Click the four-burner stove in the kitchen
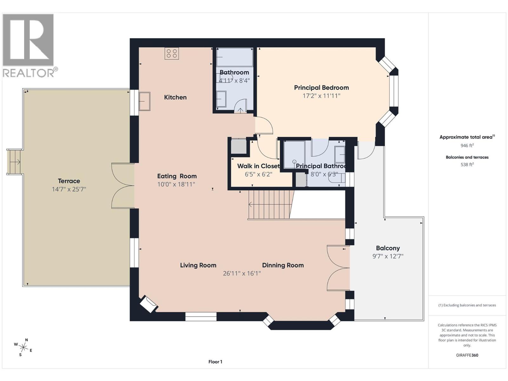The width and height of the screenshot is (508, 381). (172, 53)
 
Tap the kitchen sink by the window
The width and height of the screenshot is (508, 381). (145, 101)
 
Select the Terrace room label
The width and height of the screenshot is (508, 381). (69, 181)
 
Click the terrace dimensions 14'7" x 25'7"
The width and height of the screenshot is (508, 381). (69, 190)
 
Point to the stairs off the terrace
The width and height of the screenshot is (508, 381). (14, 162)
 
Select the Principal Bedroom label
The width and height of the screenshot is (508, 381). (321, 88)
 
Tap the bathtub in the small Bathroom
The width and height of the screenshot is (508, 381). (235, 57)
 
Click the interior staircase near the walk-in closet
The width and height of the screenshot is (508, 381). (269, 205)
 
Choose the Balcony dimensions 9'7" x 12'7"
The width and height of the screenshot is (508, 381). (388, 256)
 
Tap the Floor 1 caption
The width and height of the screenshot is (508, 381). (215, 362)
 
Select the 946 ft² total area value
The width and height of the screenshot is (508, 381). (467, 145)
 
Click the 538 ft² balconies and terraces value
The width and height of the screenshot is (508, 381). (467, 164)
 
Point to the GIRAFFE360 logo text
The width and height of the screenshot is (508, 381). (467, 355)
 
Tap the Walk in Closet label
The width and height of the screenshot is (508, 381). (258, 166)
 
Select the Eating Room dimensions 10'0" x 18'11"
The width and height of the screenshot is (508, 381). (176, 184)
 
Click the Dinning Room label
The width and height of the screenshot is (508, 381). (283, 265)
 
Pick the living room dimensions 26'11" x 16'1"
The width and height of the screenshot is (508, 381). (242, 273)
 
